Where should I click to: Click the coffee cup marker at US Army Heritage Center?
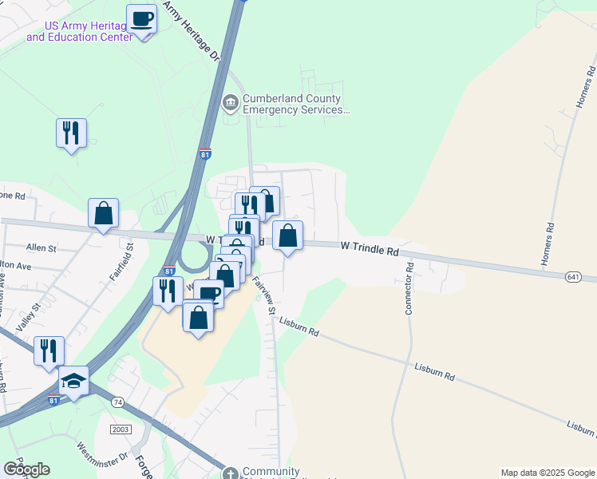tap(141, 18)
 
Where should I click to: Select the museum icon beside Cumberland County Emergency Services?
tap(230, 101)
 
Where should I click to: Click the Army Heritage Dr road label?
tap(191, 32)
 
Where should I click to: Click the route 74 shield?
tap(118, 401)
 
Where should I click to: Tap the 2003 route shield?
tap(121, 430)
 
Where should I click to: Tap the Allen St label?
tap(41, 248)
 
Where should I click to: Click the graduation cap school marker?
tap(73, 381)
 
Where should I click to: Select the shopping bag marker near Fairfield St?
tap(103, 213)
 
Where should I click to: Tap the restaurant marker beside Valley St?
tap(49, 350)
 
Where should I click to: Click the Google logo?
tap(26, 469)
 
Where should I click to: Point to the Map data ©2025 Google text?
tap(547, 473)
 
